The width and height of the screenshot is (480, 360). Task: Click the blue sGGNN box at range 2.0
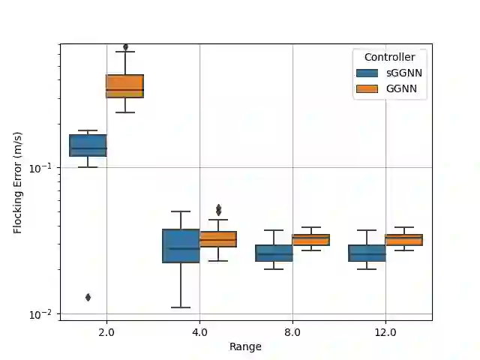[88, 145]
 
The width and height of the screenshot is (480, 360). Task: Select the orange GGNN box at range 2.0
[124, 86]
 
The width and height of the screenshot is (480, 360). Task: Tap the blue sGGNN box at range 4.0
[181, 246]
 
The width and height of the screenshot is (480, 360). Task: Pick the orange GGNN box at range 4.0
[217, 239]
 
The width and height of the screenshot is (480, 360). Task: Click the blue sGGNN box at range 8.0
[274, 253]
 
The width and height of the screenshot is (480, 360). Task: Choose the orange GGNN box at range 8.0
[310, 240]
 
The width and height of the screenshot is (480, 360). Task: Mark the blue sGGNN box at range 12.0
[367, 253]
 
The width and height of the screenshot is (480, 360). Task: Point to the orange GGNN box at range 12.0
[403, 240]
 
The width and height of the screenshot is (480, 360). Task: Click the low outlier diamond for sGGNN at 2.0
[88, 298]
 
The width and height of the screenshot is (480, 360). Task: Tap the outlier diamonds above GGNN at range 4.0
[218, 210]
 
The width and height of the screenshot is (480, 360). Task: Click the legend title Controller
[389, 57]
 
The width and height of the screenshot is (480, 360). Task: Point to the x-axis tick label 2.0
[106, 331]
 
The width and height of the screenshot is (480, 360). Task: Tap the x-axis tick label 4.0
[199, 331]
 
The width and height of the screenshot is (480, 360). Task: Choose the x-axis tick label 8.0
[292, 331]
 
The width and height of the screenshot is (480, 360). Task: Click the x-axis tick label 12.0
[385, 331]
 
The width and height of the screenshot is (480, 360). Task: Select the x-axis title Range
[246, 346]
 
